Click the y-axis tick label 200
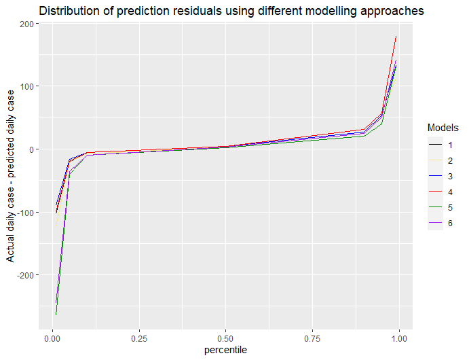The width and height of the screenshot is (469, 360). pos(28,24)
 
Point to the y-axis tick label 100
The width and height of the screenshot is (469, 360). pos(28,86)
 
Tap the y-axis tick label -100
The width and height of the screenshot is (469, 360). pos(26,212)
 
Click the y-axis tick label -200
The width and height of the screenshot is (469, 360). pos(26,275)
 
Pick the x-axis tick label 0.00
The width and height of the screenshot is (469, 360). pos(52,338)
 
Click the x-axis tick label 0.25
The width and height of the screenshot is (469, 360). pos(138,338)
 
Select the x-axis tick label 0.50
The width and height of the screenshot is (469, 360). pos(225,338)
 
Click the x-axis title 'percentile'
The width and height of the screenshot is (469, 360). pos(225,350)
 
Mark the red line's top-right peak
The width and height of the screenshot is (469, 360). pos(396,37)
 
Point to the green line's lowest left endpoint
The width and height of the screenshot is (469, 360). pos(56,314)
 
